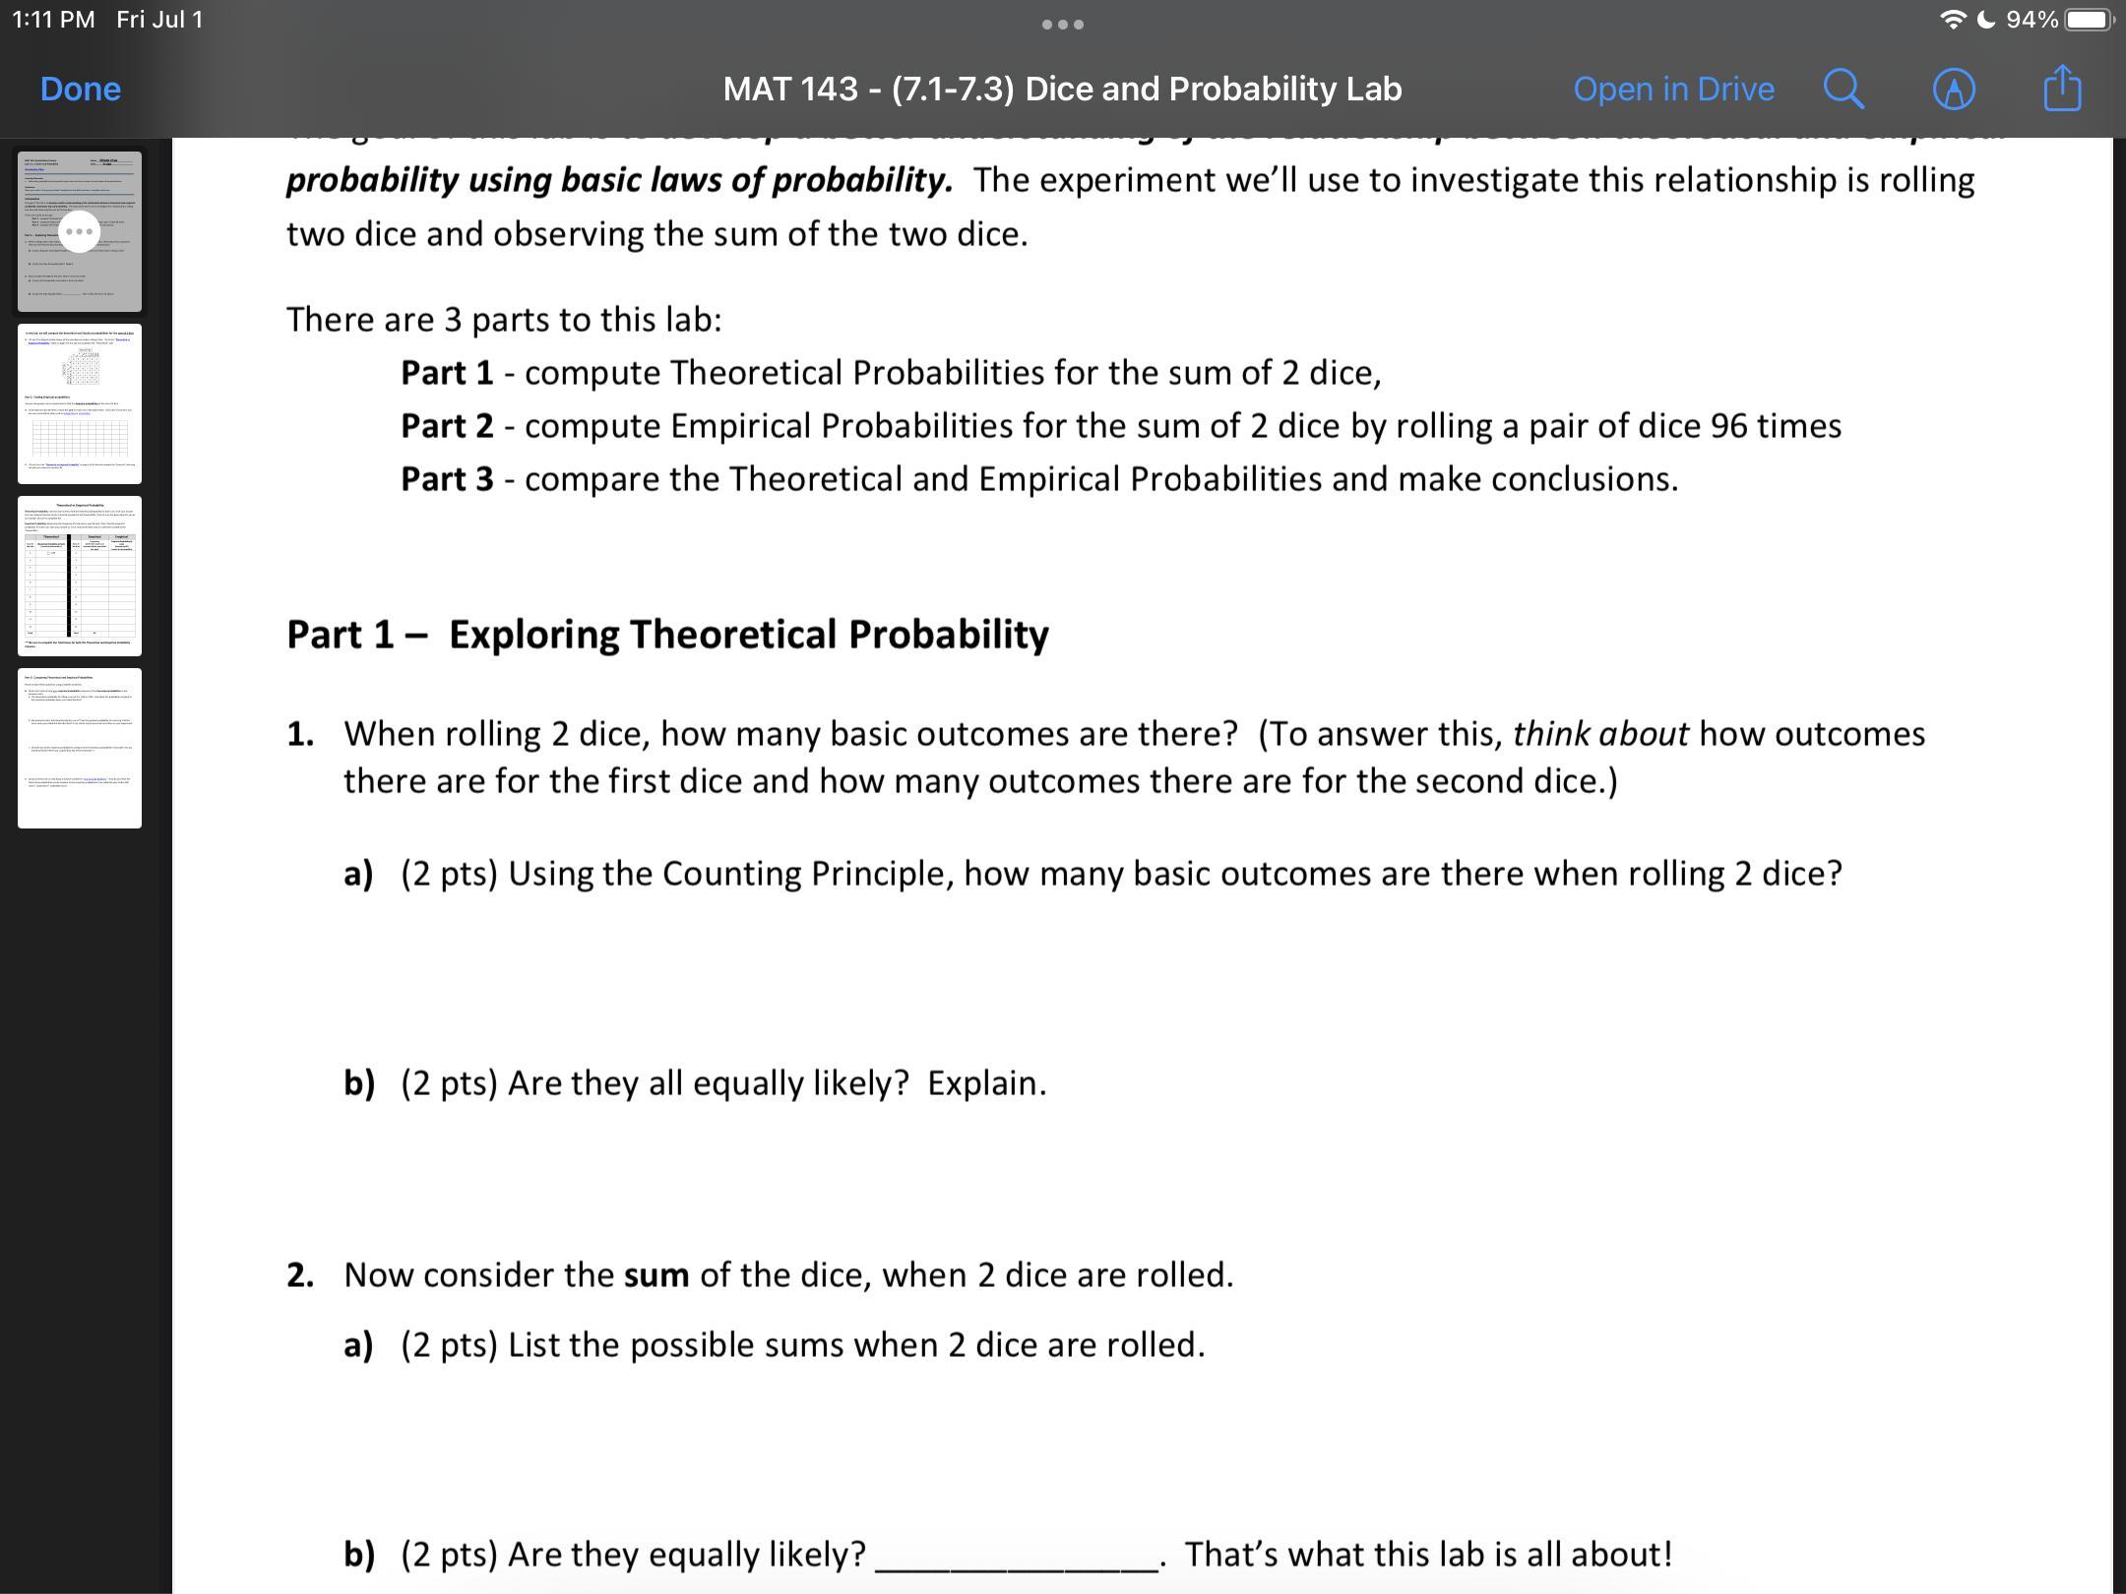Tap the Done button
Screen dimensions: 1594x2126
point(81,90)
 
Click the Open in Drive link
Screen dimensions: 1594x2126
point(1673,90)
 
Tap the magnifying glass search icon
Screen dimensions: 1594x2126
point(1844,90)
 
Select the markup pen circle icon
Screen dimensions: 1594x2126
point(1954,90)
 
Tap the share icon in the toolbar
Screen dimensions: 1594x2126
point(2062,90)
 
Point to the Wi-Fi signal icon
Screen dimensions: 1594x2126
point(1953,20)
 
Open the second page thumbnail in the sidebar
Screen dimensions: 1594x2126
point(80,403)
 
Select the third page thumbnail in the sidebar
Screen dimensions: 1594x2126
point(80,576)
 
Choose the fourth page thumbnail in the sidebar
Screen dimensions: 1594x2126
point(80,748)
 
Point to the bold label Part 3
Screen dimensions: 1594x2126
point(447,479)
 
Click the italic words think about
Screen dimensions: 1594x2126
point(1600,734)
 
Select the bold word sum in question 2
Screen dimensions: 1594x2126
point(657,1275)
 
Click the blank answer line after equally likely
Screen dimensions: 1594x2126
point(1016,1555)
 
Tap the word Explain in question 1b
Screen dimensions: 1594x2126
point(986,1083)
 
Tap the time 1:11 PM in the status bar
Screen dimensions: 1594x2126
point(53,20)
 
